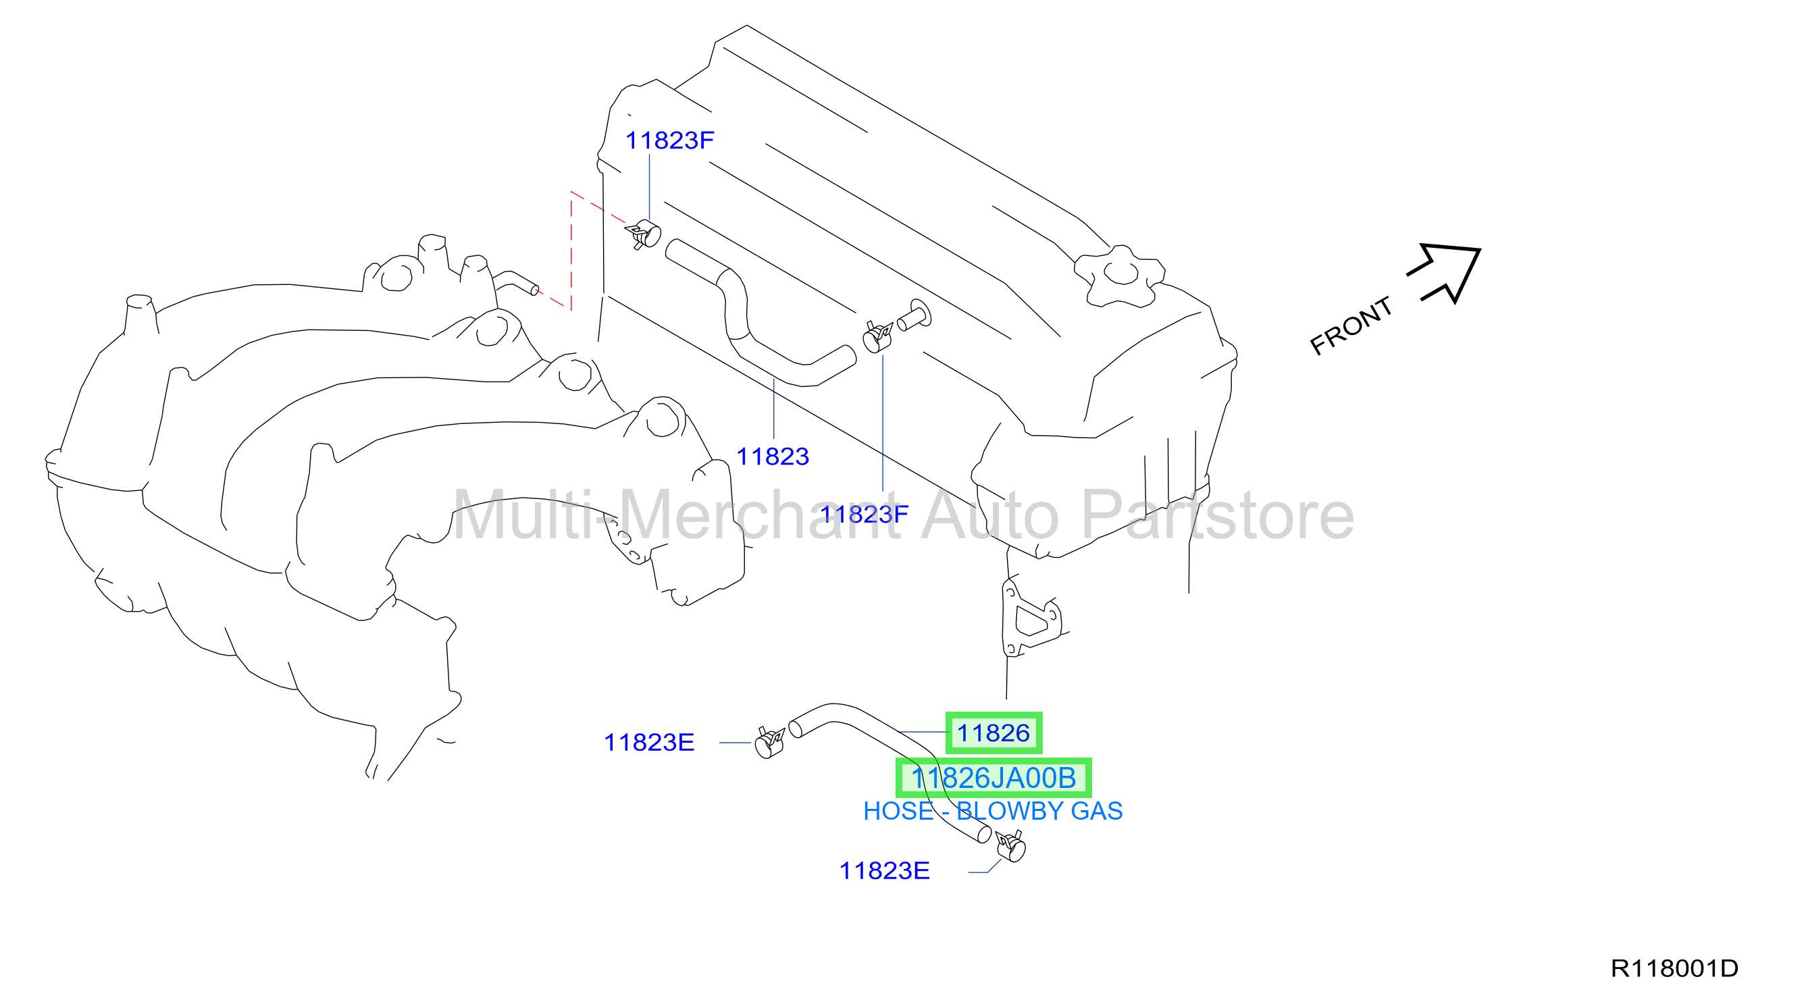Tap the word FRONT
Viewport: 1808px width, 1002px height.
point(1351,325)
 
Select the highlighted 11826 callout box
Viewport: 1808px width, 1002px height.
point(994,733)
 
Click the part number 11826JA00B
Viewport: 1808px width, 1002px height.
point(994,778)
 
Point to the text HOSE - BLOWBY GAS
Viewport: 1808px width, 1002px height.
point(993,811)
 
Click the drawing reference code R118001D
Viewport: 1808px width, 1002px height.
point(1675,968)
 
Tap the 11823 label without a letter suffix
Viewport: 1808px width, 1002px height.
point(773,457)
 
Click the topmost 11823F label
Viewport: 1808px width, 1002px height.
point(669,140)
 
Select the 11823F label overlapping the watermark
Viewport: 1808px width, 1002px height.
point(864,515)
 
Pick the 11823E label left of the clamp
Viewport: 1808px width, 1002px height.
point(649,742)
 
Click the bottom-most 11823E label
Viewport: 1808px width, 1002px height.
point(884,871)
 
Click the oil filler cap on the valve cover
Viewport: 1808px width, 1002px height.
point(1120,275)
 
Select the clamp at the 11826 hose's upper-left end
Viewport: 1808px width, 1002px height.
point(770,742)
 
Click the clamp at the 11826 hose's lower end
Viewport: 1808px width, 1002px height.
point(1011,846)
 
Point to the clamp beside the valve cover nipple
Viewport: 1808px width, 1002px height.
point(877,338)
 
